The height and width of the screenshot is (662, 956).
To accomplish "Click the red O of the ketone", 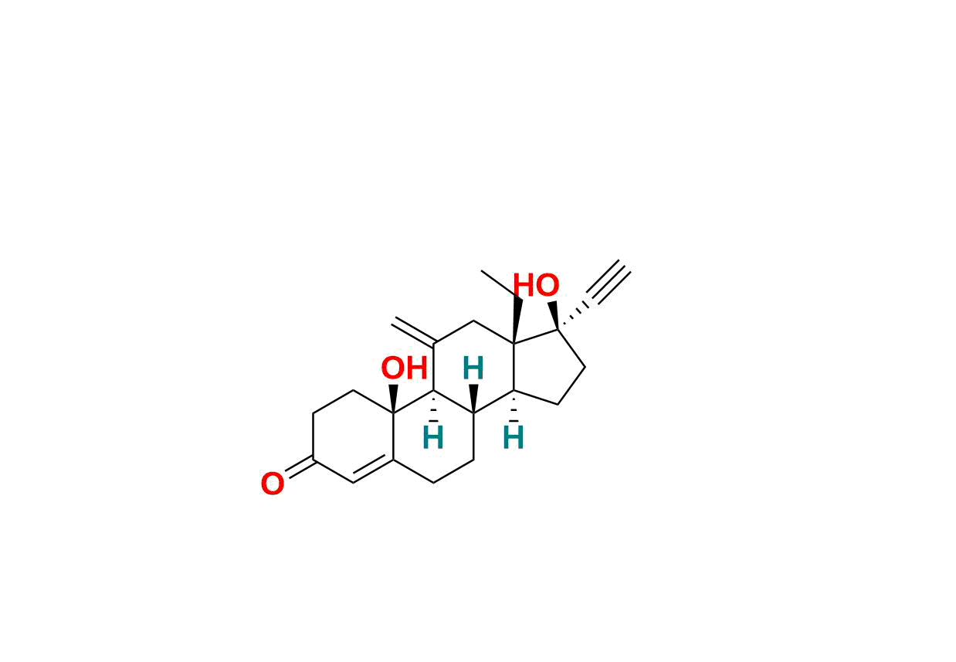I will [272, 485].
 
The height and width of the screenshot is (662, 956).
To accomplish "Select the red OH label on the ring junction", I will [404, 369].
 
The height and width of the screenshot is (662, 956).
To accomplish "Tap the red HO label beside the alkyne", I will [536, 286].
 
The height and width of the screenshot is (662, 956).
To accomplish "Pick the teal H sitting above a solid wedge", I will [473, 369].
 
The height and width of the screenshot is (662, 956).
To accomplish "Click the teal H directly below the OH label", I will [433, 439].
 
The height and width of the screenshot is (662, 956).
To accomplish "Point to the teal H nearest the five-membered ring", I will [514, 439].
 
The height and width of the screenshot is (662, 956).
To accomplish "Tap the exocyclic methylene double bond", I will [414, 331].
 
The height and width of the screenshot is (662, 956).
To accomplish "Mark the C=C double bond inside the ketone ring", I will [373, 471].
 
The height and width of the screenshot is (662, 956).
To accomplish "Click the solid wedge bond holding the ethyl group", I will [517, 320].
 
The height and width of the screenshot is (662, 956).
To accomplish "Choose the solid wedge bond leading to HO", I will [554, 315].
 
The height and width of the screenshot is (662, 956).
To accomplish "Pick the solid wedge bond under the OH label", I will [394, 398].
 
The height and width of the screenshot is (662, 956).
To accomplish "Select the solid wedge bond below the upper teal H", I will [474, 398].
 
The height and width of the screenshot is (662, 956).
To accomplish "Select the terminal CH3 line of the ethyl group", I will [500, 284].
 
